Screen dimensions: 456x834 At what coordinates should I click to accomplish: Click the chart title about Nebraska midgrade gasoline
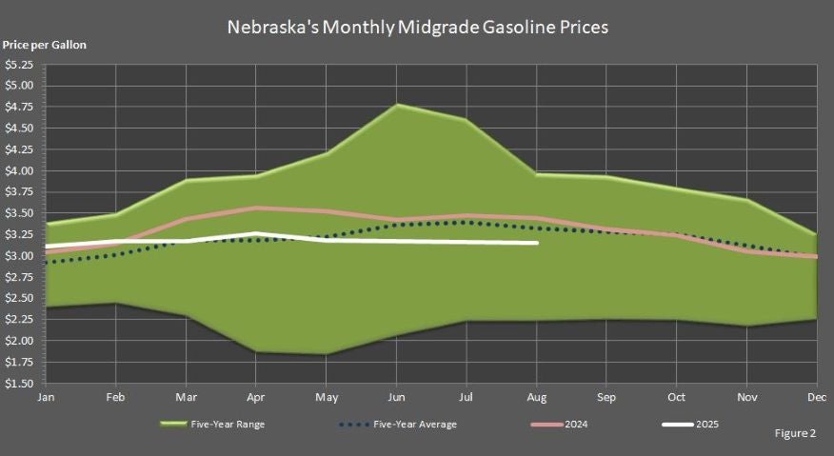coord(417,27)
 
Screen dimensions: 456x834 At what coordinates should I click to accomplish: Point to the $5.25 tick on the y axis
coord(19,65)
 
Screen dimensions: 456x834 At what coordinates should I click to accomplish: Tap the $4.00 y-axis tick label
coord(19,171)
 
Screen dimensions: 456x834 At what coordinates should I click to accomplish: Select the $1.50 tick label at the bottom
coord(19,384)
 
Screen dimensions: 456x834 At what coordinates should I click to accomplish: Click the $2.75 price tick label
coord(19,277)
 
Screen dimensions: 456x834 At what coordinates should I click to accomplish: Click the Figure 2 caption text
coord(794,433)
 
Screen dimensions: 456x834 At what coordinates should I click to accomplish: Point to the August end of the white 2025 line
coord(537,243)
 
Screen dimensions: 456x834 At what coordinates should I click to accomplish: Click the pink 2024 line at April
coord(254,208)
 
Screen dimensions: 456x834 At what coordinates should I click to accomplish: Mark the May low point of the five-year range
coord(327,354)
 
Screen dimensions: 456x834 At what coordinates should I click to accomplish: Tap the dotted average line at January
coord(46,262)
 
